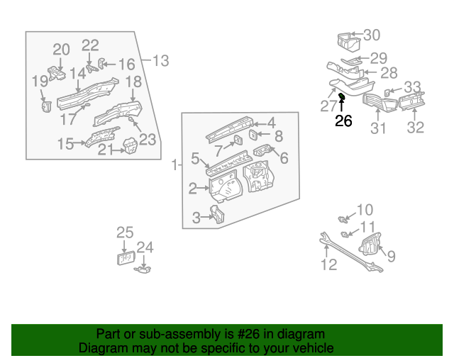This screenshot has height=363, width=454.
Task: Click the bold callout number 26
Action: click(343, 121)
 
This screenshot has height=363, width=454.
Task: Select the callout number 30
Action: click(372, 35)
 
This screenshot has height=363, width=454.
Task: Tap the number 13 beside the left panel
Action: click(160, 61)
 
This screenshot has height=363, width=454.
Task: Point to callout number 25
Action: click(125, 233)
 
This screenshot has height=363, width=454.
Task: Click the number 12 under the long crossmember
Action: click(328, 265)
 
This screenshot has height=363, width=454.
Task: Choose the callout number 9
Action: click(391, 257)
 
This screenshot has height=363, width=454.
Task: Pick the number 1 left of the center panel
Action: click(174, 165)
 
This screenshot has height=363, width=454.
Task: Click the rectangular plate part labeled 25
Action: click(126, 257)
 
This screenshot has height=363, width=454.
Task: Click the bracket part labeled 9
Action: click(369, 247)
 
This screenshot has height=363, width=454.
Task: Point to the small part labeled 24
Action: click(143, 268)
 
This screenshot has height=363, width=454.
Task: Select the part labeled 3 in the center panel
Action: click(217, 213)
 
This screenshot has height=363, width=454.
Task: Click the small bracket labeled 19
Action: click(47, 106)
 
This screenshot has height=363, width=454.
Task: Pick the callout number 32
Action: click(415, 128)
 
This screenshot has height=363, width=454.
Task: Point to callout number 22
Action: click(90, 45)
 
